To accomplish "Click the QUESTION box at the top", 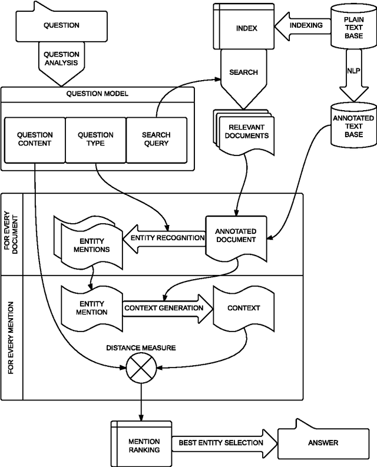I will coord(61,26).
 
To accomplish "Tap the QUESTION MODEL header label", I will coord(97,94).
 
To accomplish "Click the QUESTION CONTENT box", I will coord(34,139).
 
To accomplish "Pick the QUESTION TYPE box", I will coord(95,139).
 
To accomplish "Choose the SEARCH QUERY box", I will coord(156,139).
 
